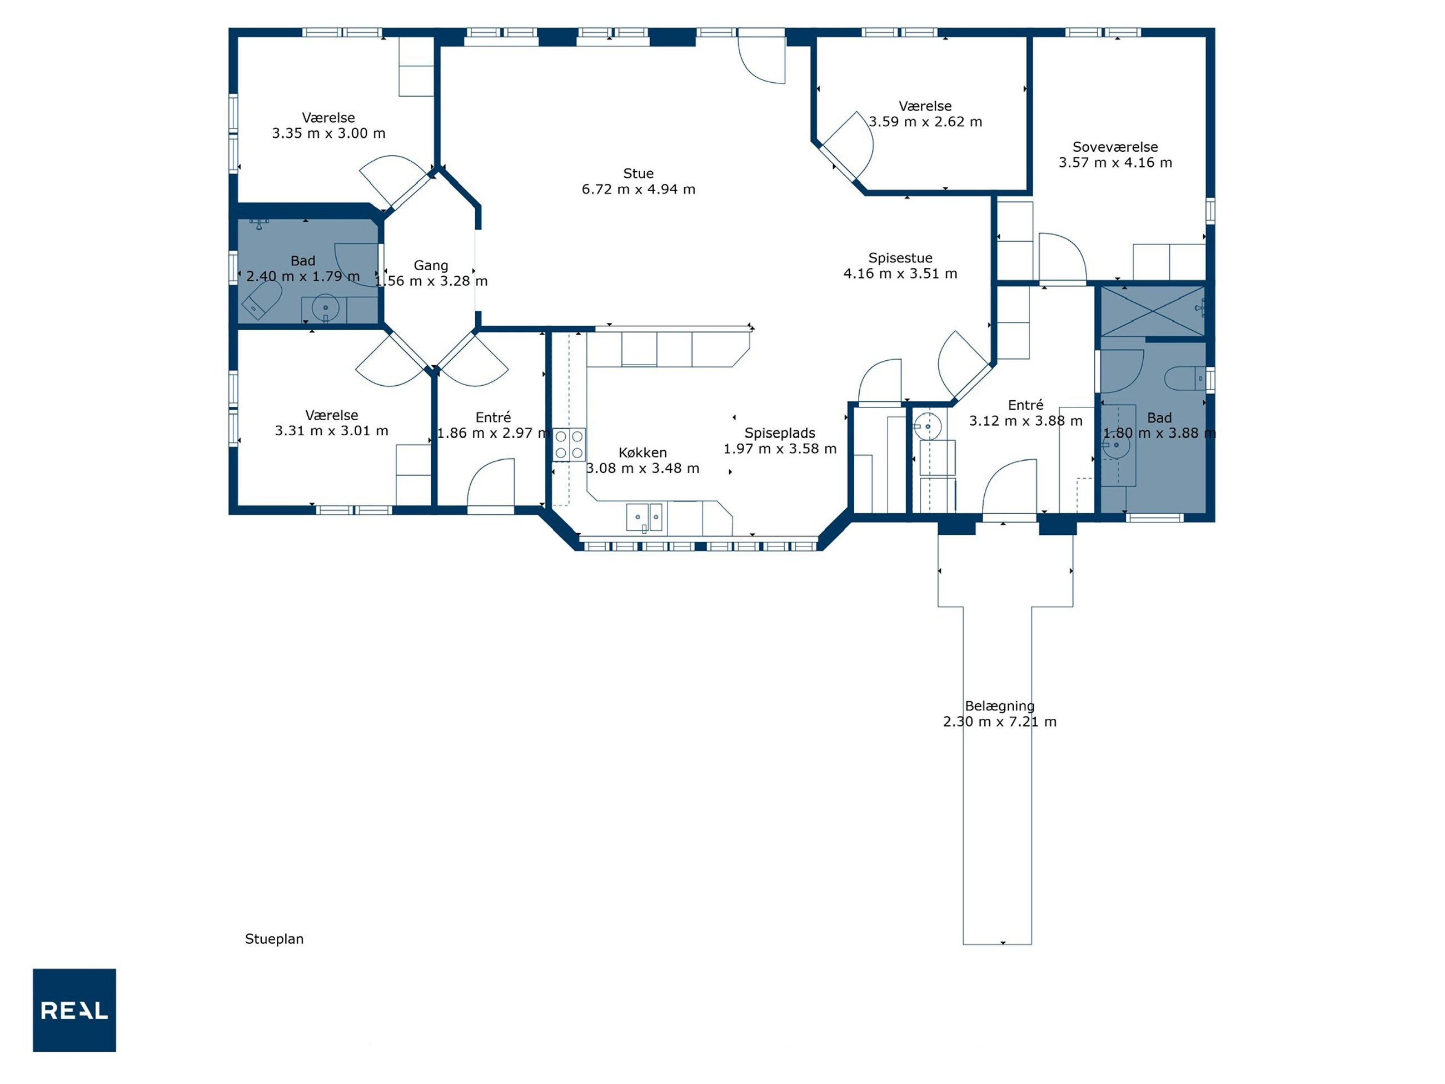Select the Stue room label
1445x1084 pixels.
point(638,173)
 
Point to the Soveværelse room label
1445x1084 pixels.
point(1115,147)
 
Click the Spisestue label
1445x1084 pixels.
point(900,258)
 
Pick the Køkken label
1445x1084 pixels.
point(643,452)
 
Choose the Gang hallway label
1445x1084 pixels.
point(431,266)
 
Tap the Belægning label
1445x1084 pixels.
point(999,707)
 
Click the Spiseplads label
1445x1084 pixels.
point(780,433)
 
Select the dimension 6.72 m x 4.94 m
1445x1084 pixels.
point(638,190)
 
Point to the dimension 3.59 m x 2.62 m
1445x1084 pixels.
point(925,122)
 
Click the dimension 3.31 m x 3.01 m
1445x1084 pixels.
point(331,431)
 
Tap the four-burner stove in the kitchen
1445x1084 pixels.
point(569,444)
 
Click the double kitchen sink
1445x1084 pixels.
point(645,518)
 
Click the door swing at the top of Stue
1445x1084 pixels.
point(762,59)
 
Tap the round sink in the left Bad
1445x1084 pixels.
point(325,308)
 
